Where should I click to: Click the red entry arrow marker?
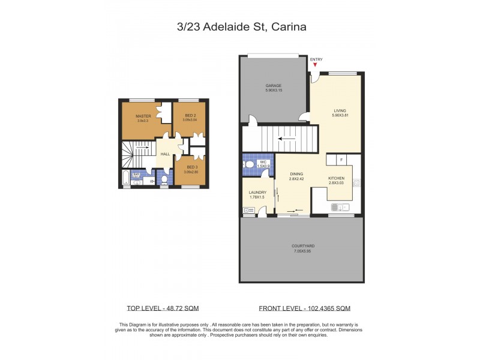pyautogui.click(x=315, y=65)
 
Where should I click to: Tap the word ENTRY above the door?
pyautogui.click(x=316, y=59)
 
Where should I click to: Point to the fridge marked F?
pyautogui.click(x=341, y=160)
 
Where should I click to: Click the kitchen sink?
pyautogui.click(x=340, y=208)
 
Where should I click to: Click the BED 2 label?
pyautogui.click(x=190, y=116)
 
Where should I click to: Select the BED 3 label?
pyautogui.click(x=192, y=168)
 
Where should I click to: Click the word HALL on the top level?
pyautogui.click(x=165, y=155)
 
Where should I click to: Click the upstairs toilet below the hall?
pyautogui.click(x=164, y=179)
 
